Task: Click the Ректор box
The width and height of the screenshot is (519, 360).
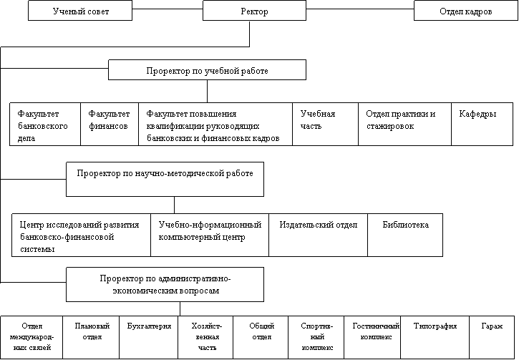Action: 254,11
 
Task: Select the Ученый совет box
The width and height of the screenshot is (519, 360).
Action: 80,11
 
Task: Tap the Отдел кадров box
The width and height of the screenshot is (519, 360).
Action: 466,11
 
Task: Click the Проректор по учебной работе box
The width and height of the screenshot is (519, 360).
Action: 207,70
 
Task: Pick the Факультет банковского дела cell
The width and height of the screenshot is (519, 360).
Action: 45,124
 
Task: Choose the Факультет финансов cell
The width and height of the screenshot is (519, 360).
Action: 110,124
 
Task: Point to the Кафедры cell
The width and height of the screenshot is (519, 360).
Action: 482,124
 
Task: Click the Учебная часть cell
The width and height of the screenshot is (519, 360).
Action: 325,124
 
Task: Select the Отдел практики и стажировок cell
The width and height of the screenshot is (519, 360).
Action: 404,124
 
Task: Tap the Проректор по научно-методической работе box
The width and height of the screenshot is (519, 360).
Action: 165,180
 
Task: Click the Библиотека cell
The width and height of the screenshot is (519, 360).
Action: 405,235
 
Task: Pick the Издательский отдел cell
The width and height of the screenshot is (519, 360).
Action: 318,235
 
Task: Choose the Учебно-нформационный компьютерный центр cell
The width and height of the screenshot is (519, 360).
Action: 210,235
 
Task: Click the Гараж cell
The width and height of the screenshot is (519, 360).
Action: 492,337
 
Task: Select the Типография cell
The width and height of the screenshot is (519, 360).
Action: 435,337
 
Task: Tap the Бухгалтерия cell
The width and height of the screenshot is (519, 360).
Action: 149,337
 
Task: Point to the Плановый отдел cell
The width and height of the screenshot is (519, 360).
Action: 91,337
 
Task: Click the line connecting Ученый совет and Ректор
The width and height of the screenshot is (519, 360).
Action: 168,9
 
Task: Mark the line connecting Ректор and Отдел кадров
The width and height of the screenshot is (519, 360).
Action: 360,9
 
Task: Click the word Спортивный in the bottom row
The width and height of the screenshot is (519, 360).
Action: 316,331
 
